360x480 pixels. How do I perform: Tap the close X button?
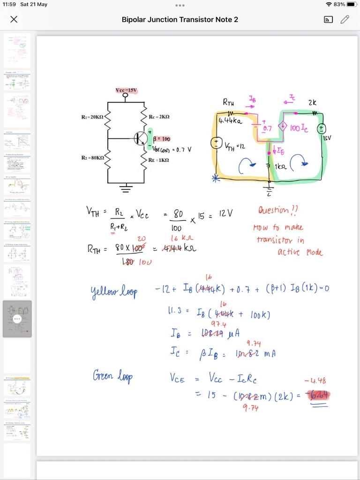[14, 19]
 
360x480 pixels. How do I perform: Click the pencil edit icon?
[345, 19]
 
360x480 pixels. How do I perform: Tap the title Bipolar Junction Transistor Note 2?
[180, 19]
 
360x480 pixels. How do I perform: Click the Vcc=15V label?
[126, 90]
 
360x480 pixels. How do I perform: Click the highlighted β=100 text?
[162, 139]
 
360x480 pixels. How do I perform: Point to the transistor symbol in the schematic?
[140, 138]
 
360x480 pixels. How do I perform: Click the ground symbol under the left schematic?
[125, 189]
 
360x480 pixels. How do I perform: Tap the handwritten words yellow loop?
[114, 292]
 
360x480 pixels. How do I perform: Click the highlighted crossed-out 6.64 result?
[318, 395]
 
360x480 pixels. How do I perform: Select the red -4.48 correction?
[315, 381]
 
